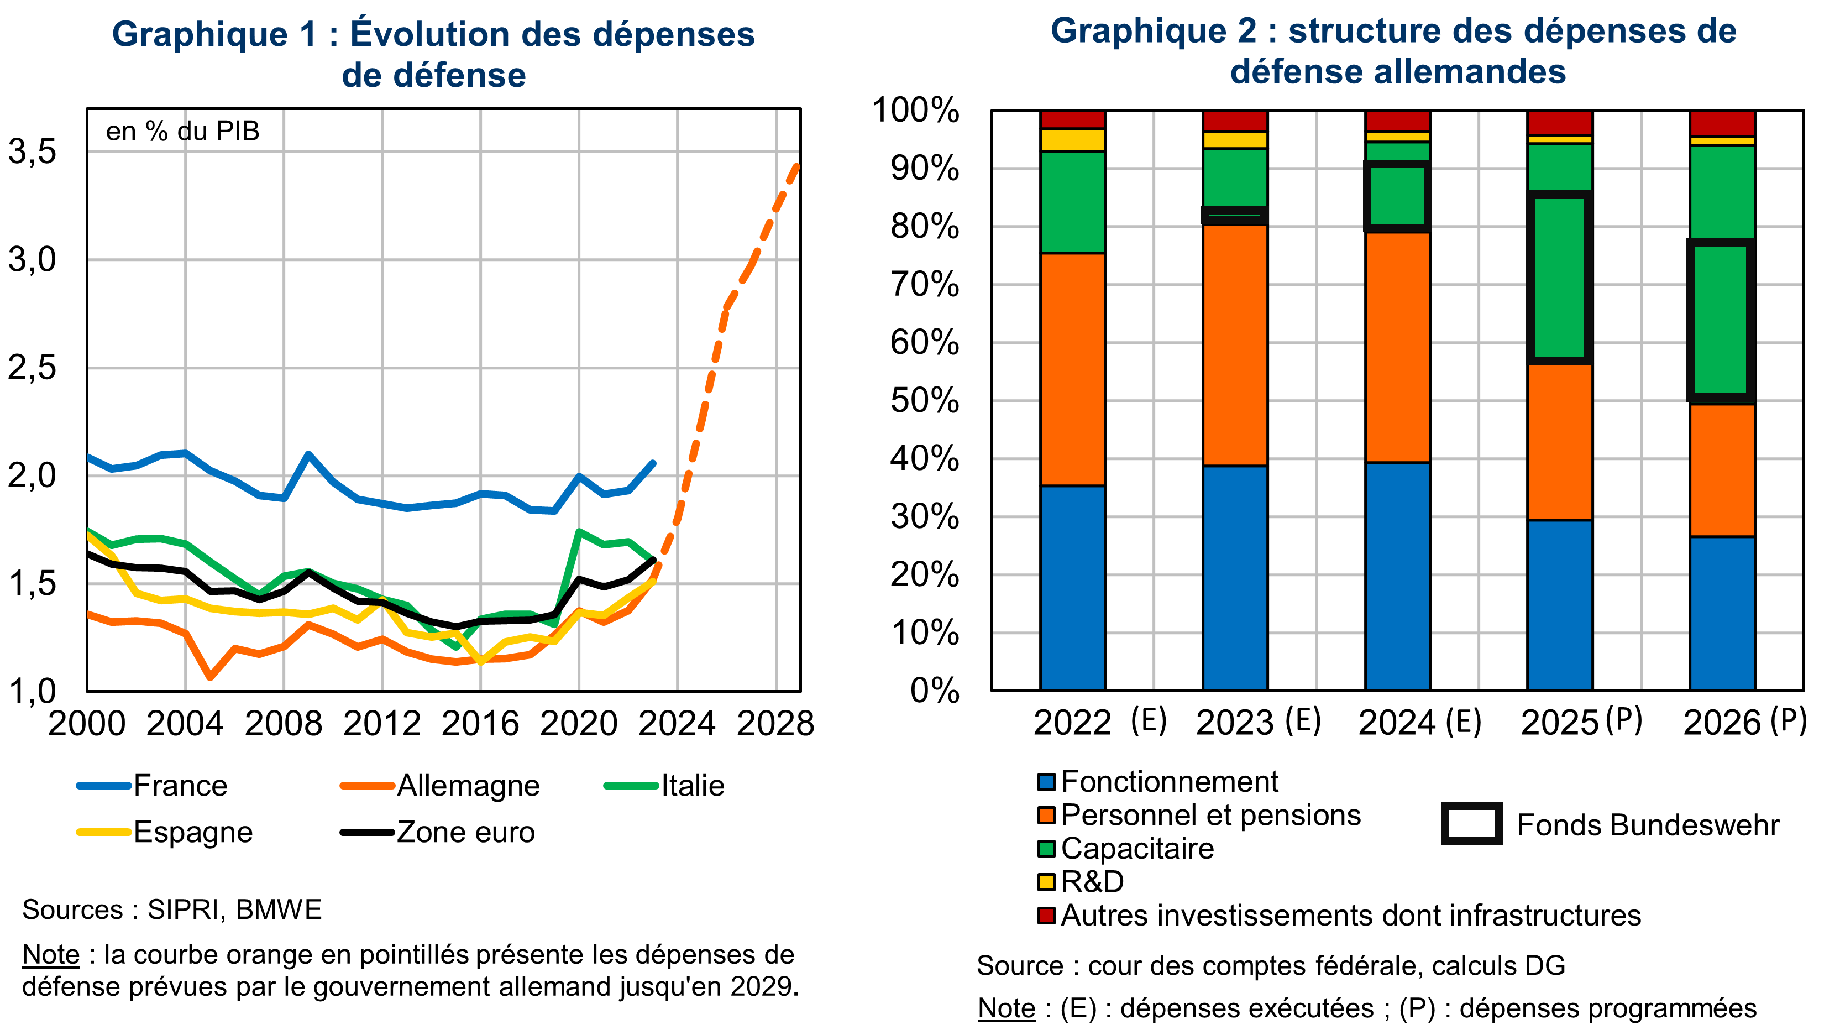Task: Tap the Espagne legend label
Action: click(193, 832)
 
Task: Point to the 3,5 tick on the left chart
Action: click(32, 151)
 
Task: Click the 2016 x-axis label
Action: click(480, 724)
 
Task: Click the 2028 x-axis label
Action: click(775, 724)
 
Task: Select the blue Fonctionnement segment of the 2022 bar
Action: click(1072, 587)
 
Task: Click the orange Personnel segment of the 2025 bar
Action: click(1559, 441)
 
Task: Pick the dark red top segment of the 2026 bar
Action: click(1721, 122)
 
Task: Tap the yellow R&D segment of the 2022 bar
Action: click(1072, 139)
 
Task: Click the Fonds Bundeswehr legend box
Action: click(1471, 824)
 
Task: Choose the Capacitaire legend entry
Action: click(1136, 849)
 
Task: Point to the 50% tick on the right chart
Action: click(924, 401)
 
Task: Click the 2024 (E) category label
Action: click(1419, 722)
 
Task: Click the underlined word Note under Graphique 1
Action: click(51, 954)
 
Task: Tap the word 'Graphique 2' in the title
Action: click(1153, 31)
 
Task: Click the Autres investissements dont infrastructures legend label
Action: click(1350, 915)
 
